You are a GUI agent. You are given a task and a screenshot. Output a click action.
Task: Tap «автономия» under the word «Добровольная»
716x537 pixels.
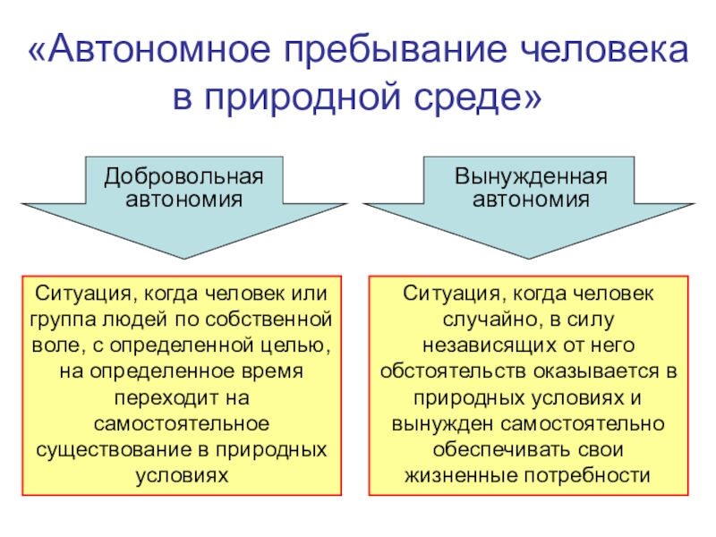click(x=183, y=198)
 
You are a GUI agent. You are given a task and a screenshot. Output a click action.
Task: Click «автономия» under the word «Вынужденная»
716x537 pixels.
click(x=532, y=198)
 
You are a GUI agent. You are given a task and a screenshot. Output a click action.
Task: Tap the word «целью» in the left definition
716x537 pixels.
click(x=294, y=343)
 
